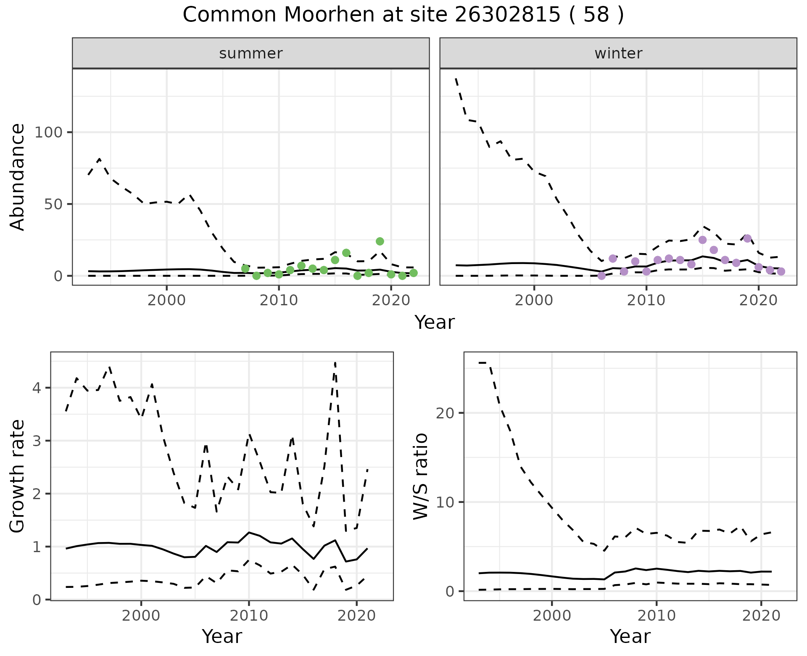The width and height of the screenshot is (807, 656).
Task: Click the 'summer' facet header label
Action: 251,53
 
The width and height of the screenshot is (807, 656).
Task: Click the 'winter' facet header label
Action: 618,53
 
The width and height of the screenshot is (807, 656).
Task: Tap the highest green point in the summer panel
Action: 380,241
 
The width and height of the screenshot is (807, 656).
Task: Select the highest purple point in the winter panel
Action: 747,238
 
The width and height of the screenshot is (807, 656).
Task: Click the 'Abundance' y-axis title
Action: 18,177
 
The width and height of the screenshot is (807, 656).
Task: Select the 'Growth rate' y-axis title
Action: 18,476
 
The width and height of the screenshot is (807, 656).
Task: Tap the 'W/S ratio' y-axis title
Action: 421,476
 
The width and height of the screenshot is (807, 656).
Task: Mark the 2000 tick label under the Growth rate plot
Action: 141,616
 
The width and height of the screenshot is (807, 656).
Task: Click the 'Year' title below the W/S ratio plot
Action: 630,637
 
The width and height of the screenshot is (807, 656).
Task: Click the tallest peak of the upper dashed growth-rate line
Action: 335,362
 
